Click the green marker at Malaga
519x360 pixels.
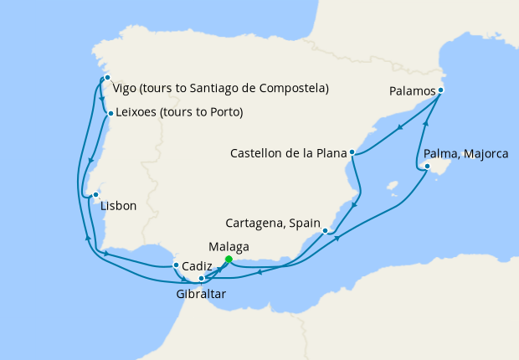(x=228, y=259)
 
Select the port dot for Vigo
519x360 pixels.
(x=107, y=78)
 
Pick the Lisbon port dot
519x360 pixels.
(x=95, y=194)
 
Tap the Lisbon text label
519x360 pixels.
(x=117, y=206)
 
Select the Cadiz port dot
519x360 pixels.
(x=175, y=265)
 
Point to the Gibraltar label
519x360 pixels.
(x=201, y=295)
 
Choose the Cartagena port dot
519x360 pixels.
(x=325, y=230)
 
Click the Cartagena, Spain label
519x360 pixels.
(x=274, y=224)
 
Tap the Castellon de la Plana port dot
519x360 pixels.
(x=352, y=152)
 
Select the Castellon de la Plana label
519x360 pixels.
(x=289, y=152)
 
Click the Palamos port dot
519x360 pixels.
(x=440, y=90)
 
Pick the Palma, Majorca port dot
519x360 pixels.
(x=427, y=167)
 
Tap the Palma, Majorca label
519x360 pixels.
(x=465, y=154)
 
